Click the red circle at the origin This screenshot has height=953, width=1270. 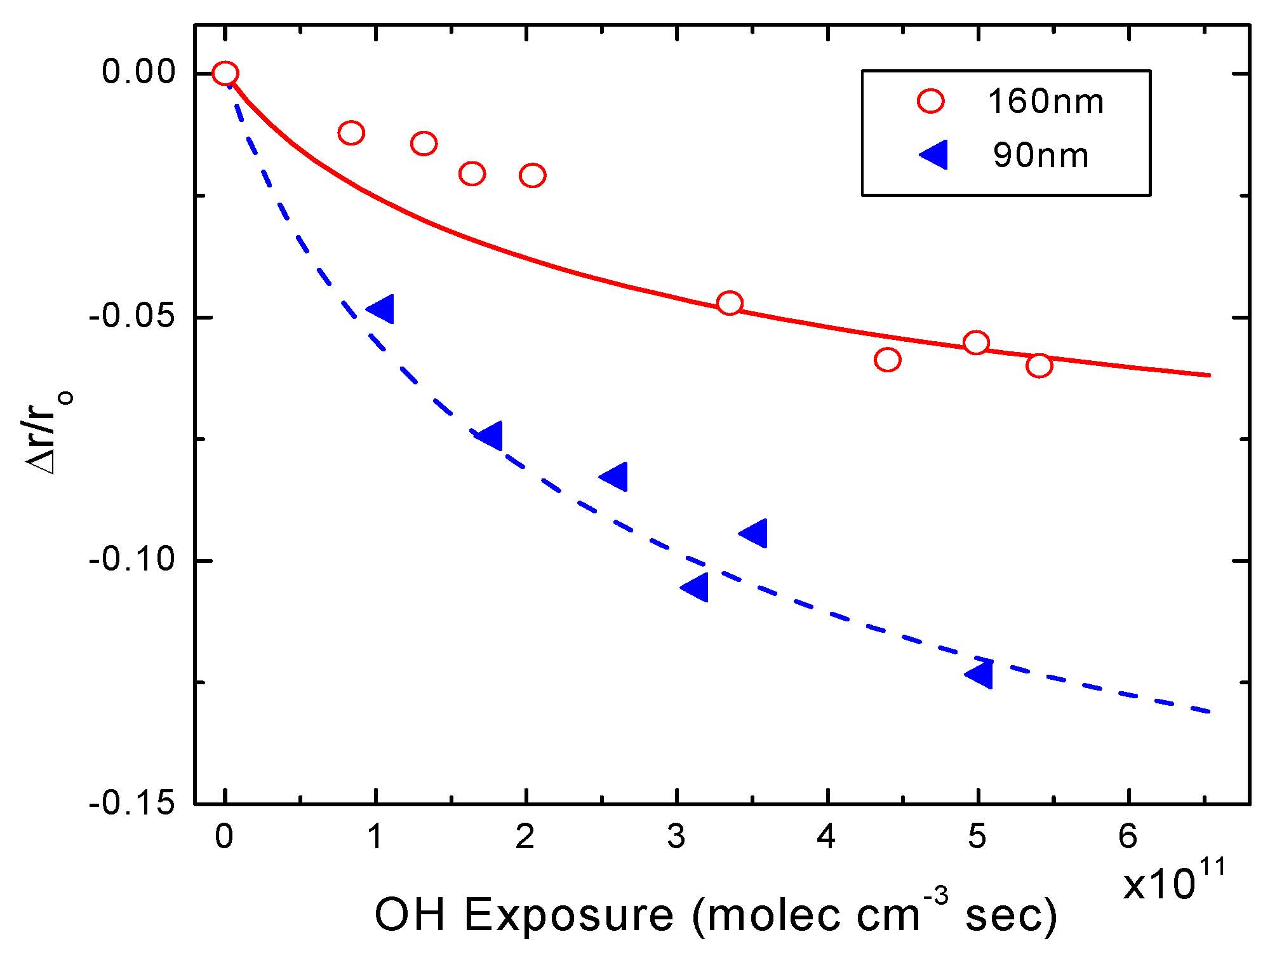pos(225,74)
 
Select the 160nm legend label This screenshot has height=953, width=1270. pos(1045,102)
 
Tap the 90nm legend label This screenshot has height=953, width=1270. pos(1041,156)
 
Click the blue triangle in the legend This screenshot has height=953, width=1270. pos(935,156)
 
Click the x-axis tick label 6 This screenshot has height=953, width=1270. pos(1128,837)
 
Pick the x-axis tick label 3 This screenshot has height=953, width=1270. pos(676,837)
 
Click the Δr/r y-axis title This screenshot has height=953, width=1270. pos(50,432)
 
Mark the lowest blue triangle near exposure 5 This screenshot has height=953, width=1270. pos(979,674)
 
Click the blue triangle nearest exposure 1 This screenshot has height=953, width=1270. pos(381,309)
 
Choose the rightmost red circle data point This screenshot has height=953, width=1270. pos(1039,365)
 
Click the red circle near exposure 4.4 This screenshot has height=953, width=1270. pos(887,360)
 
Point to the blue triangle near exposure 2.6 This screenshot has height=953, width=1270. pos(614,476)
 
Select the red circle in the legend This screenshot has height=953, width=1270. pos(931,102)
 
